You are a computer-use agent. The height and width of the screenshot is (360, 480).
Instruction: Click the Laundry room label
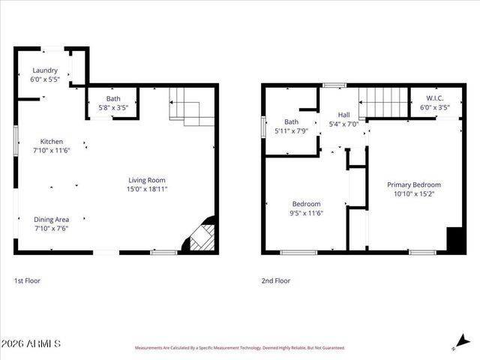pos(44,70)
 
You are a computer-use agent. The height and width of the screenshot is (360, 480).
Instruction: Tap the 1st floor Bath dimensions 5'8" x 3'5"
pos(112,107)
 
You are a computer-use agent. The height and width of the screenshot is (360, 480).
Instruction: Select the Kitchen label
pos(52,142)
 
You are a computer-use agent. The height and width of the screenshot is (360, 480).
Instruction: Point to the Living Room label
pos(146,180)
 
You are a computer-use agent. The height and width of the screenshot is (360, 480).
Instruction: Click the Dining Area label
pos(52,219)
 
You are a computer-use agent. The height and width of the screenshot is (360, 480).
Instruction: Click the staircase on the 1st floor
pos(188,105)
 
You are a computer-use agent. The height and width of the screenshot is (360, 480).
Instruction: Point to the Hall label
pos(343,115)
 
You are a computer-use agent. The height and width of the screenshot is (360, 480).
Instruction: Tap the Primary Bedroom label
pos(413,184)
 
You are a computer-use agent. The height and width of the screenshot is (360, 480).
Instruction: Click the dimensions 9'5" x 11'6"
pos(306,213)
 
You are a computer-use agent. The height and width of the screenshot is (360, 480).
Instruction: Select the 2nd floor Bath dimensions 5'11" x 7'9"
pos(291,131)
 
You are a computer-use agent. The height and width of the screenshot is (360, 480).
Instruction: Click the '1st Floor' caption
pos(28,280)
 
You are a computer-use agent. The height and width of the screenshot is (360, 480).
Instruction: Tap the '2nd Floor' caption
pos(275,280)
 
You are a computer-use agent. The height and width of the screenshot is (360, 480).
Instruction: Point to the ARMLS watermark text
pos(31,343)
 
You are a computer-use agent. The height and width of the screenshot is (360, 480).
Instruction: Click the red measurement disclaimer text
pos(239,348)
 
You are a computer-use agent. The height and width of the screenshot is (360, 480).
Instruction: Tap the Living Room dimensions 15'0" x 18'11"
pos(146,189)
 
